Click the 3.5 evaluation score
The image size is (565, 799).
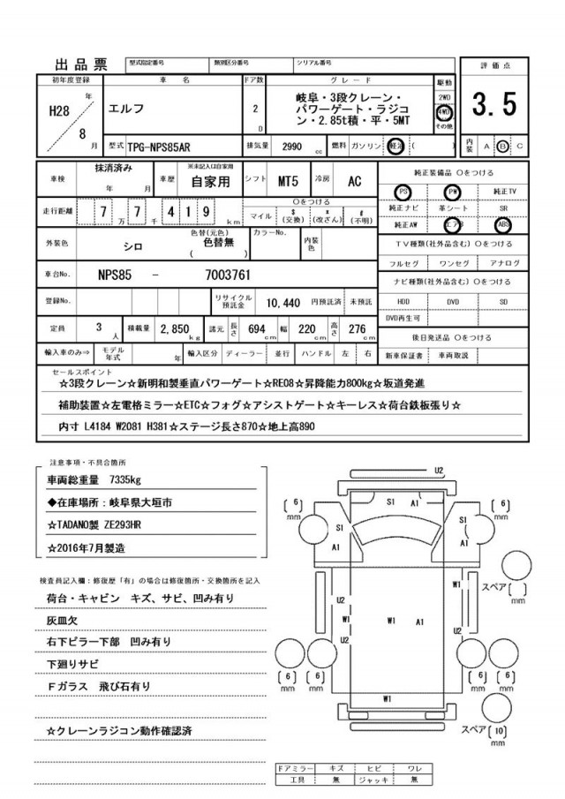click(x=493, y=105)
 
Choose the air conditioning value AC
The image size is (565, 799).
click(x=354, y=181)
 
